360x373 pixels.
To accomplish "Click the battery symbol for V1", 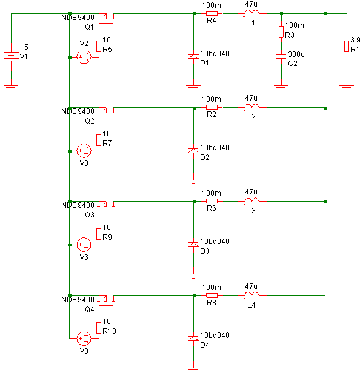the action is [11, 56].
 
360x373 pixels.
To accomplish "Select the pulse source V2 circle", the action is [84, 57].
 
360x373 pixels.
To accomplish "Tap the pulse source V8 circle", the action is [84, 338].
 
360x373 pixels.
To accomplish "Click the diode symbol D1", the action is [193, 56].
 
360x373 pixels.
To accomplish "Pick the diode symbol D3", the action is [193, 244].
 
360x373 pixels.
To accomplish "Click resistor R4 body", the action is [212, 13].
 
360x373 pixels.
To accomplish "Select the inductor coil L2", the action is [252, 106].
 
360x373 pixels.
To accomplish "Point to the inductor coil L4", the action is [252, 294].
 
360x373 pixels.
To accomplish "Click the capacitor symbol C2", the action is [281, 56].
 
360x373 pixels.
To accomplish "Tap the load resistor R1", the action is [347, 46].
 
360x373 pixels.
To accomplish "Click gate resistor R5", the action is [99, 46].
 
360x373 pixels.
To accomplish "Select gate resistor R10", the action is [99, 328].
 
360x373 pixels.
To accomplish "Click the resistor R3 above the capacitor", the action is [281, 32].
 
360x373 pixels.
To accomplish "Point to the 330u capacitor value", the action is [296, 54].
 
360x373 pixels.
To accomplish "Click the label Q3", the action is [90, 215].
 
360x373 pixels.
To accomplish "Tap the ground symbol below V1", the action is [11, 88].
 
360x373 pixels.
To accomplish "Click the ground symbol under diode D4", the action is [193, 369].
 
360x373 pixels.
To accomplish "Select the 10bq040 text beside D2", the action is [215, 148].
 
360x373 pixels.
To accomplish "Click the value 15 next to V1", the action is [24, 47].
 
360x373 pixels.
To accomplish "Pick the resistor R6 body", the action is [212, 201].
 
